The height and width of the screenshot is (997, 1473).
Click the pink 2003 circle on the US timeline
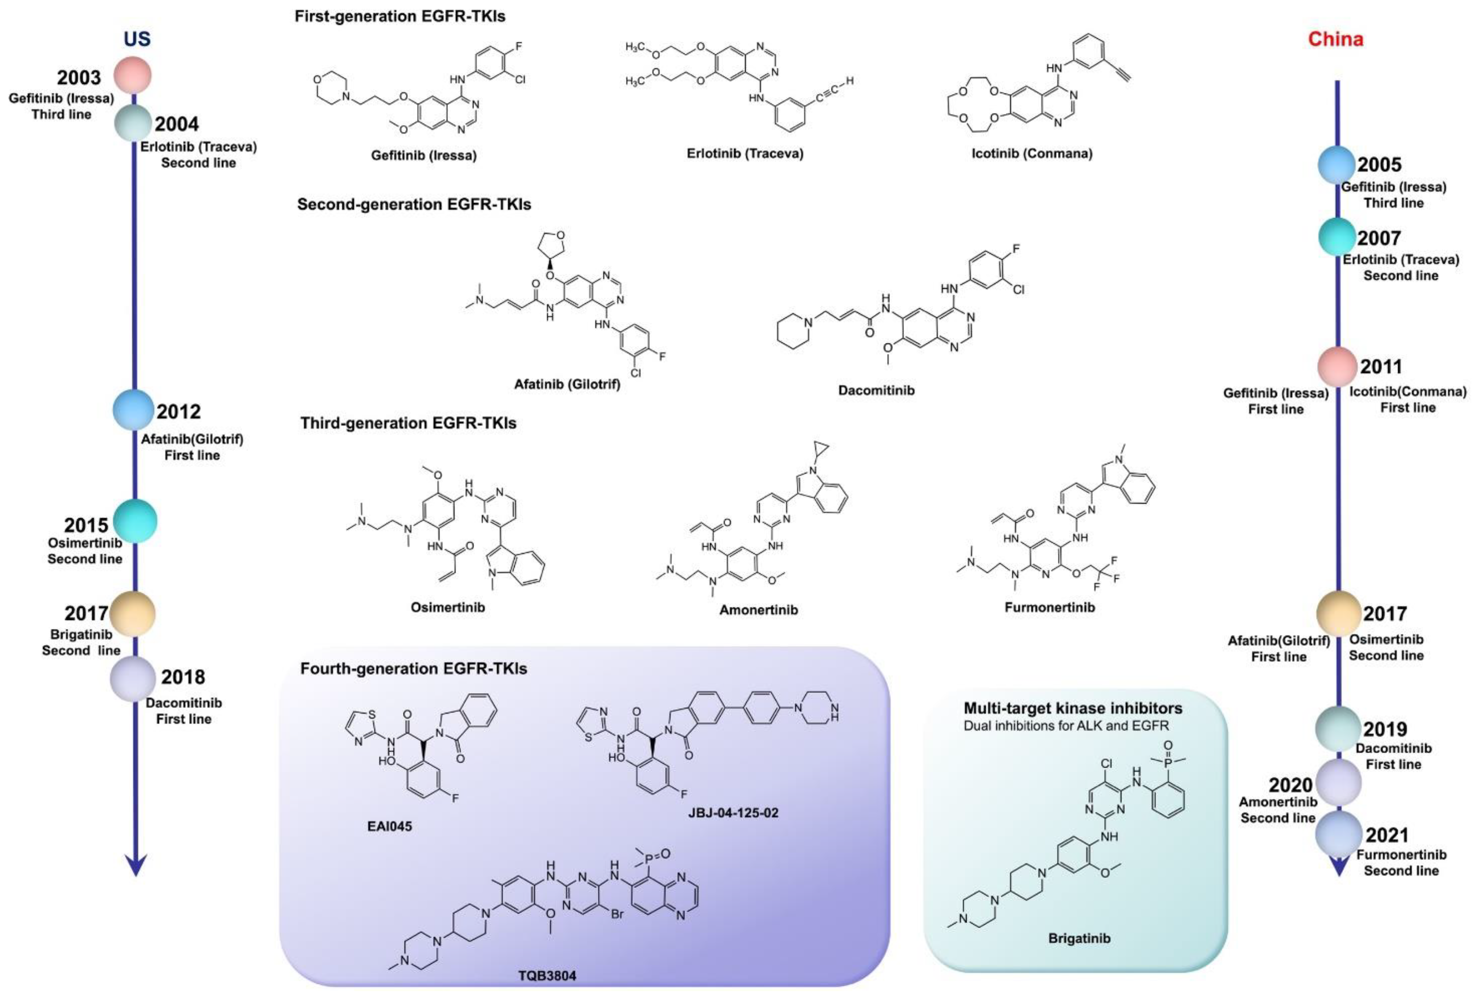tap(133, 75)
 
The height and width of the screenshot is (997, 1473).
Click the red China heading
tap(1336, 39)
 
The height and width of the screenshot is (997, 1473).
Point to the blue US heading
tap(137, 39)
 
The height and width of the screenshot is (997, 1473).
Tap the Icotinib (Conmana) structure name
tap(1032, 153)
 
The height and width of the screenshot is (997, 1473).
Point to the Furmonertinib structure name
tap(1050, 607)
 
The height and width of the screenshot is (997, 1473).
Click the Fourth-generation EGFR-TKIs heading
tap(413, 669)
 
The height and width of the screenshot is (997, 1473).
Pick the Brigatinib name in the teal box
tap(1079, 938)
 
